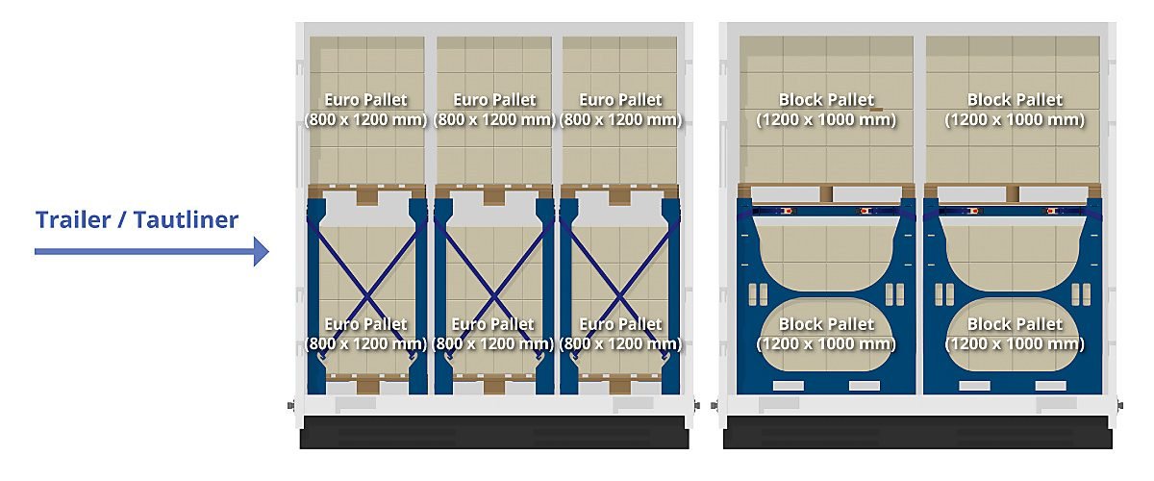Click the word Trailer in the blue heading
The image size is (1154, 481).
(x=73, y=220)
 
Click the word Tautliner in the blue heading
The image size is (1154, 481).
(x=186, y=220)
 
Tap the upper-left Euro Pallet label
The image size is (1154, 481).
(x=365, y=110)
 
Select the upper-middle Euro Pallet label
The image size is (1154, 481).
(x=494, y=110)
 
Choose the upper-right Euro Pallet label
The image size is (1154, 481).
(x=621, y=110)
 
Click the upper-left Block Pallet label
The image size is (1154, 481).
(x=826, y=110)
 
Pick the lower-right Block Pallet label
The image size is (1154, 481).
(x=1015, y=334)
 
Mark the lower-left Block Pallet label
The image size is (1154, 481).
(x=826, y=334)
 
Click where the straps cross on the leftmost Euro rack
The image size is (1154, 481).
(x=366, y=296)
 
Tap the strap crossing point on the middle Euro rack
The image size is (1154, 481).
(x=493, y=296)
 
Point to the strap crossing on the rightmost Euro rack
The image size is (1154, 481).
(x=620, y=296)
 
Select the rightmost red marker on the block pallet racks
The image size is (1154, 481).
(x=1051, y=211)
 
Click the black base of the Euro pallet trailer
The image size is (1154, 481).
(x=494, y=432)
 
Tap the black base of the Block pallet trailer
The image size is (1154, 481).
(x=917, y=432)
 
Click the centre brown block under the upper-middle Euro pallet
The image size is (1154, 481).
(x=494, y=197)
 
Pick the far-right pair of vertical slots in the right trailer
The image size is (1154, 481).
(x=1081, y=294)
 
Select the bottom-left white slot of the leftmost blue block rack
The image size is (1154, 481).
(x=789, y=386)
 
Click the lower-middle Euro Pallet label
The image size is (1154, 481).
(x=493, y=334)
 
